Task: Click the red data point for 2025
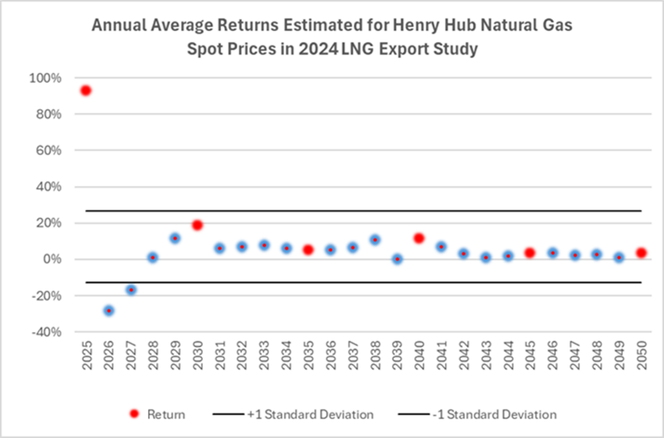pyautogui.click(x=86, y=91)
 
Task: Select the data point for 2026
pyautogui.click(x=109, y=311)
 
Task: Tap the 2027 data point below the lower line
pyautogui.click(x=131, y=290)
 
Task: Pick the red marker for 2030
pyautogui.click(x=197, y=225)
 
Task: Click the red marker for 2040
pyautogui.click(x=419, y=238)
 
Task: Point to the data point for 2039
pyautogui.click(x=397, y=259)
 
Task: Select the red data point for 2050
pyautogui.click(x=641, y=253)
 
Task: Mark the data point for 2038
pyautogui.click(x=375, y=240)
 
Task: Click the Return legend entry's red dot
pyautogui.click(x=134, y=414)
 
